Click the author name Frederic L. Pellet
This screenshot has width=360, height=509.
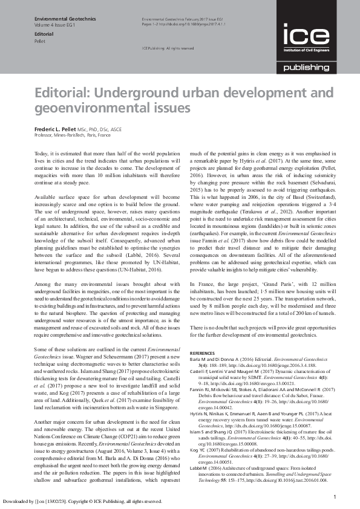[x=58, y=129]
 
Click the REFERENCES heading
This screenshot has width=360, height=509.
[x=203, y=352]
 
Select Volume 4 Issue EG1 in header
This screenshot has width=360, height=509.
[x=56, y=27]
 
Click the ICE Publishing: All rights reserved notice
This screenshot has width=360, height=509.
[x=168, y=48]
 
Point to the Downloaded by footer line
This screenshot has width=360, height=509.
[x=82, y=501]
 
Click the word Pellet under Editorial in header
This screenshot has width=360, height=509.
[x=41, y=42]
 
